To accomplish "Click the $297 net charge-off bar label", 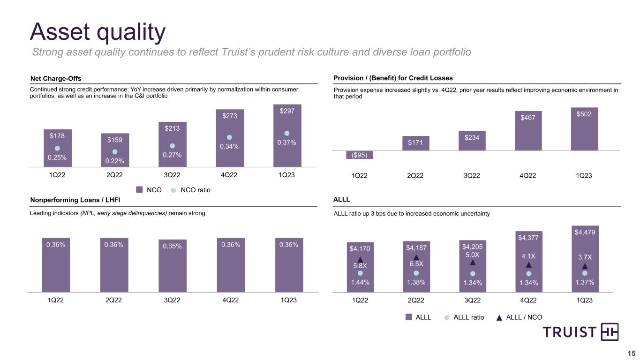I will click(x=287, y=111).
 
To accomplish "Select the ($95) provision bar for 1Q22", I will click(x=359, y=155).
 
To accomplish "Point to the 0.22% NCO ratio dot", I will click(x=114, y=152).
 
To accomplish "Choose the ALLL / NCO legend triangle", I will click(x=499, y=317).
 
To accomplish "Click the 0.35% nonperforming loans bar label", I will click(x=172, y=246).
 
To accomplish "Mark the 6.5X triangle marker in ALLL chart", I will click(x=416, y=257).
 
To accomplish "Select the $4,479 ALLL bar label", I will click(x=584, y=232).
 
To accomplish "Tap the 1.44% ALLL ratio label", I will click(x=360, y=283).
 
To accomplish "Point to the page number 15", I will click(x=631, y=353).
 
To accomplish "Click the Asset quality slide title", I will click(x=98, y=32).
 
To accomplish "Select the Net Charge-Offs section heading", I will click(x=56, y=78).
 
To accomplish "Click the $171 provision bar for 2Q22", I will click(x=415, y=143).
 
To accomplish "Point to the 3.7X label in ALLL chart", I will click(x=584, y=257).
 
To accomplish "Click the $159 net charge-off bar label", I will click(x=114, y=140).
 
